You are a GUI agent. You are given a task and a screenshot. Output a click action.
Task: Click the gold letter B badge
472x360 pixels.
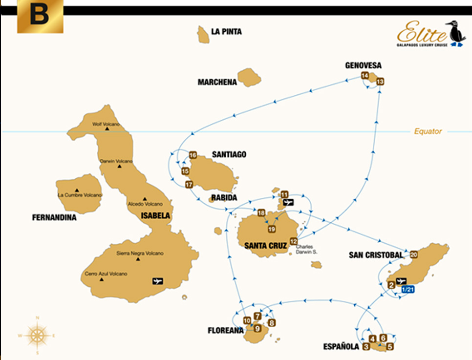(x=40, y=17)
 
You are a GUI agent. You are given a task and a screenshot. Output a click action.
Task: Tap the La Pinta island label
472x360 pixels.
(x=226, y=32)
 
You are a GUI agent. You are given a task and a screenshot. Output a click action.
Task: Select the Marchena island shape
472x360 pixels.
(x=249, y=77)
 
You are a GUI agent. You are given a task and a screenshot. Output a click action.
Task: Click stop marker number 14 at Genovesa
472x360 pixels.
(x=365, y=75)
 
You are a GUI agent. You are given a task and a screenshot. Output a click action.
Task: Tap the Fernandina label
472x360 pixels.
(x=54, y=217)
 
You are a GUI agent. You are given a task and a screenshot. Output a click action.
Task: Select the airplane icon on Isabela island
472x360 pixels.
(x=157, y=281)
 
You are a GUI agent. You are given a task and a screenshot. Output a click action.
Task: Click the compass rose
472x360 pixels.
(x=37, y=335)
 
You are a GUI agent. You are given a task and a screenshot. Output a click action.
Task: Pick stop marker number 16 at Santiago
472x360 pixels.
(x=193, y=155)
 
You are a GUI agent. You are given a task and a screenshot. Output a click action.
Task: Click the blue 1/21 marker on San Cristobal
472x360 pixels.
(x=407, y=290)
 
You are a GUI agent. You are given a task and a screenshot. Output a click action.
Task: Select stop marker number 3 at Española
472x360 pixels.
(x=366, y=347)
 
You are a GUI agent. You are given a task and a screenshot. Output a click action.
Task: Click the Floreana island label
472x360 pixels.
(x=225, y=331)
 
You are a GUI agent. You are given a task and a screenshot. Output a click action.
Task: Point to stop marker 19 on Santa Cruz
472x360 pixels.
(x=272, y=229)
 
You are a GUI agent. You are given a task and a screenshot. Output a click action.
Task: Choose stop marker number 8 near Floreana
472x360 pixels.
(x=272, y=322)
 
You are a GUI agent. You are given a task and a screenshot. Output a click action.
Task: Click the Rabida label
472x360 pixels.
(x=224, y=198)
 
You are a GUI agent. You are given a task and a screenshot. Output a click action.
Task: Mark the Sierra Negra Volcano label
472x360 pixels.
(x=140, y=253)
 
